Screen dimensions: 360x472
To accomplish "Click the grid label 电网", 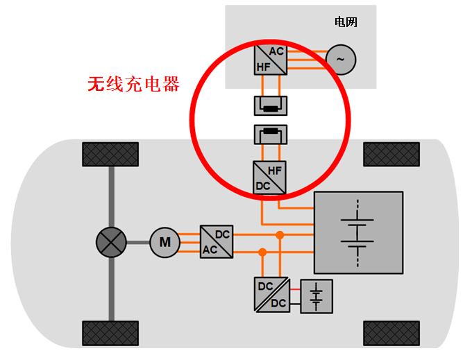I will [346, 22].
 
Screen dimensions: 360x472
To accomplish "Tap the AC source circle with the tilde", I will [340, 59].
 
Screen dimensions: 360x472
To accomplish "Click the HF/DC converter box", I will [270, 177].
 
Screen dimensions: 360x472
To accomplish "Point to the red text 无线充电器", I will [133, 85].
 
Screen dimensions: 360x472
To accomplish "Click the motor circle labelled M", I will [165, 243].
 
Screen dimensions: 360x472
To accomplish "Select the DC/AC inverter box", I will [217, 242].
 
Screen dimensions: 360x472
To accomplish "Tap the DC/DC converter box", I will [271, 294].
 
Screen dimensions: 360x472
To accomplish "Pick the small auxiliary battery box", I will [317, 296].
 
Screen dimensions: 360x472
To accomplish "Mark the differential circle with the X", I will [111, 242].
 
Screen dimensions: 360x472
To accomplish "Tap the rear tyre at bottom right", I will [391, 332].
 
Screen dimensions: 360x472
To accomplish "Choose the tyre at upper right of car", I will [391, 154].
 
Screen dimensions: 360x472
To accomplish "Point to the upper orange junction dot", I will [280, 235].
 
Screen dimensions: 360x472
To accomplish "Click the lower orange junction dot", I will [262, 251].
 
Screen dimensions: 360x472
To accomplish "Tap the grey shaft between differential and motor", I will [138, 243].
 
